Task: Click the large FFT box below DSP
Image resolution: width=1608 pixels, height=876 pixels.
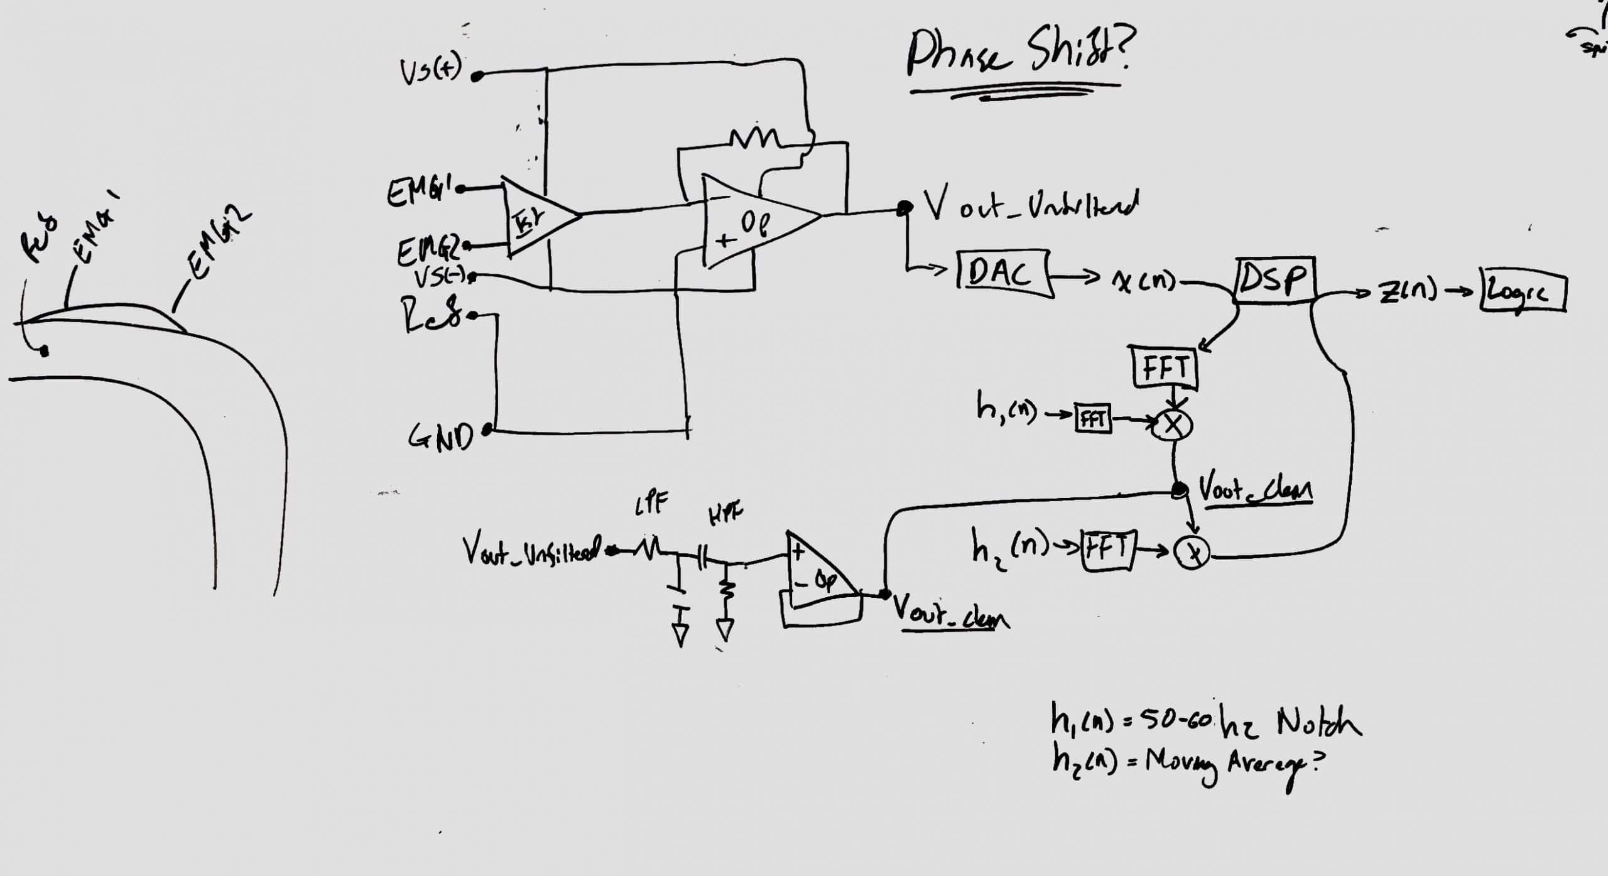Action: click(x=1166, y=367)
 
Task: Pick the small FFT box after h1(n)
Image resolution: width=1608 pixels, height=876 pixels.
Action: click(x=1093, y=419)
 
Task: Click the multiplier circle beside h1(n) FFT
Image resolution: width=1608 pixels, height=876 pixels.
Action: click(x=1172, y=426)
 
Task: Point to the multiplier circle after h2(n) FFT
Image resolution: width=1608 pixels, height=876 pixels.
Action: click(x=1192, y=553)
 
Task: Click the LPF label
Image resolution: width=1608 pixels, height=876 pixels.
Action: click(x=651, y=502)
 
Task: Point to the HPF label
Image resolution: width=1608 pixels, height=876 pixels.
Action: click(x=725, y=515)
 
